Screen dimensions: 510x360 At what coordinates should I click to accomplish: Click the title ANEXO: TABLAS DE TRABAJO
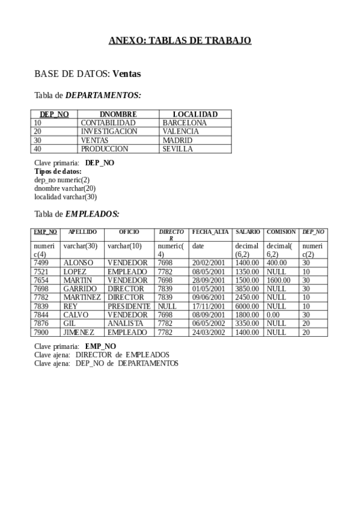[180, 40]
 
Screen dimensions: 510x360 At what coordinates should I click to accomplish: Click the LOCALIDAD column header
[195, 114]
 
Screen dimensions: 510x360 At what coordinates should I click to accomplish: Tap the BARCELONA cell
[184, 123]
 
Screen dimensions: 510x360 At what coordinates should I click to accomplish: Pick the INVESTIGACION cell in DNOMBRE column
[109, 131]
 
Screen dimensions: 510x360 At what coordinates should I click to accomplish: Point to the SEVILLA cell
[177, 149]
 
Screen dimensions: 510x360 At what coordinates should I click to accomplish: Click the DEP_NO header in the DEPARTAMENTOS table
[54, 114]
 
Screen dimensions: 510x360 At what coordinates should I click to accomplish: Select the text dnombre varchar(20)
[65, 188]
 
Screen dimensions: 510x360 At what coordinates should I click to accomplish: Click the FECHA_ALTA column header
[210, 232]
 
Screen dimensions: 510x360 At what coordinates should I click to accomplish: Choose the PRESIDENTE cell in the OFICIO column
[129, 306]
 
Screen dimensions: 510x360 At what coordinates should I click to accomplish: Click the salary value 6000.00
[246, 306]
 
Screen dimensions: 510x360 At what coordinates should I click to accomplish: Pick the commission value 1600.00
[278, 280]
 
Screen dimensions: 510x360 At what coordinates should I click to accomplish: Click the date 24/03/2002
[209, 332]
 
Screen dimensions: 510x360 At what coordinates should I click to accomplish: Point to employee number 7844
[41, 315]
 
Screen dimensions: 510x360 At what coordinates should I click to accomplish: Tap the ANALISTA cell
[125, 324]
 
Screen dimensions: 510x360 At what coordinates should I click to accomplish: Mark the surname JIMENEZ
[80, 332]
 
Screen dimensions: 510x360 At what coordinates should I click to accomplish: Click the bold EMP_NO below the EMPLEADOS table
[100, 346]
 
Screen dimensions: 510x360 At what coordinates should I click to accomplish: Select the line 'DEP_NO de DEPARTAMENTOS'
[127, 363]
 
